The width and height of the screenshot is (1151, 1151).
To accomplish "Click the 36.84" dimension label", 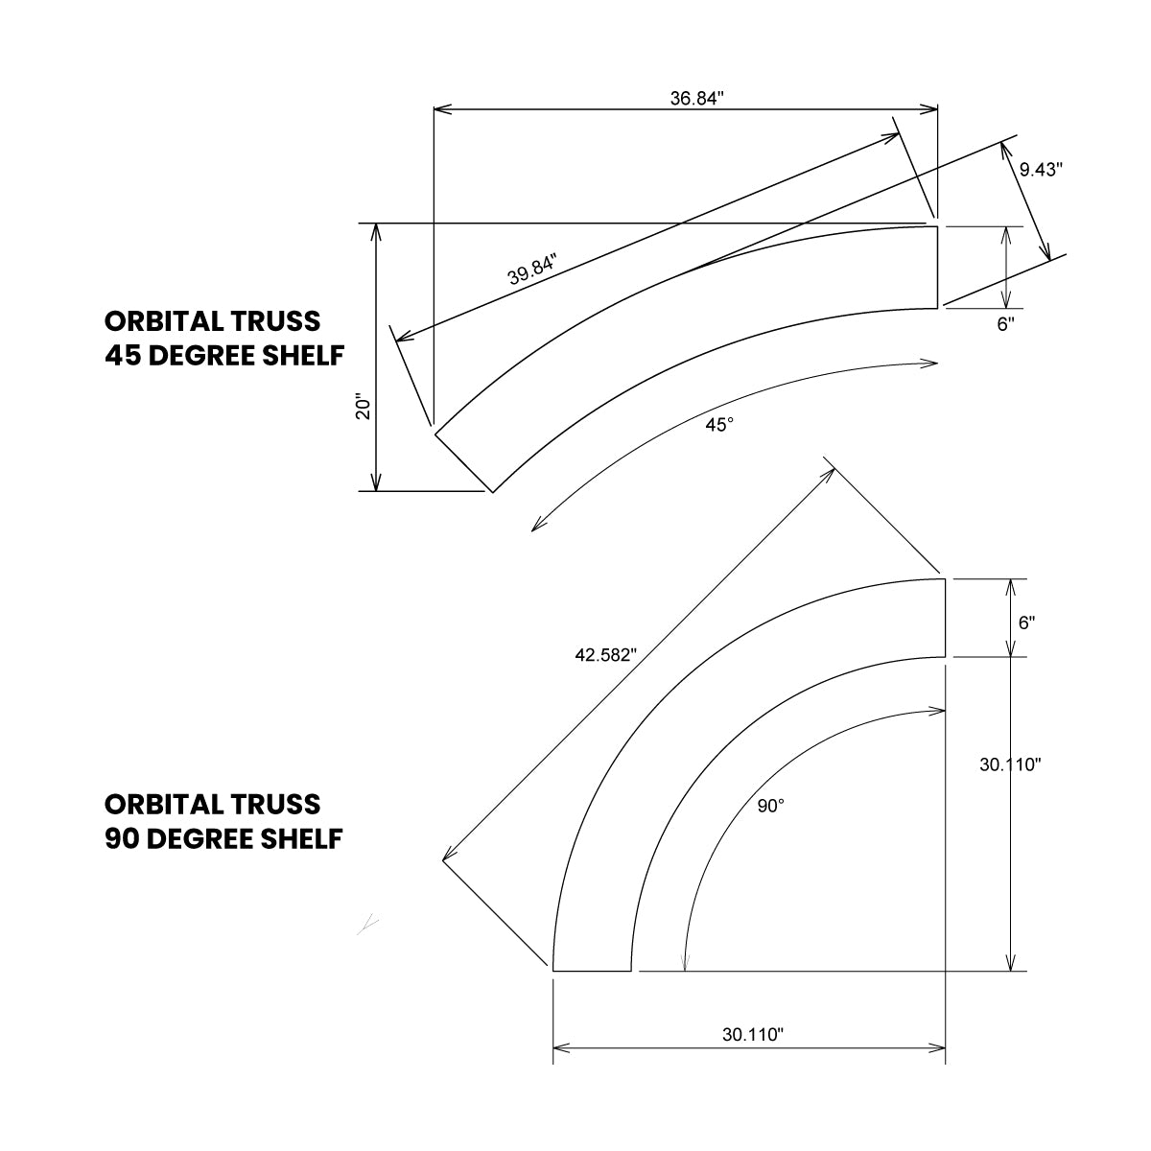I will pyautogui.click(x=695, y=98).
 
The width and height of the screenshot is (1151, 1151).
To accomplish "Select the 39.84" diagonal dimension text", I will pyautogui.click(x=532, y=270).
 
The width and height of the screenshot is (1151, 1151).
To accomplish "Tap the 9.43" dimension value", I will pyautogui.click(x=1041, y=170).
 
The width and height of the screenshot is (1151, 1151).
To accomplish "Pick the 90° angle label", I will pyautogui.click(x=770, y=807).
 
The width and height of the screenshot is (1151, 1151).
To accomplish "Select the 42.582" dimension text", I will pyautogui.click(x=606, y=656).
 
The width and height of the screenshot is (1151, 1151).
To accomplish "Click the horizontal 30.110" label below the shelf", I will pyautogui.click(x=753, y=1034).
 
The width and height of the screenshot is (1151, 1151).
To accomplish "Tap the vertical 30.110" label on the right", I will pyautogui.click(x=1010, y=764).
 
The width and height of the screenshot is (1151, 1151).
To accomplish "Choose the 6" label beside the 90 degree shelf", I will pyautogui.click(x=1026, y=622).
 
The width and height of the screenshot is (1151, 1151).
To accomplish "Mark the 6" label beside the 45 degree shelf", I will pyautogui.click(x=1005, y=324).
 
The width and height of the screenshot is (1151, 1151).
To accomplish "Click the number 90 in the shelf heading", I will pyautogui.click(x=123, y=838).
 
